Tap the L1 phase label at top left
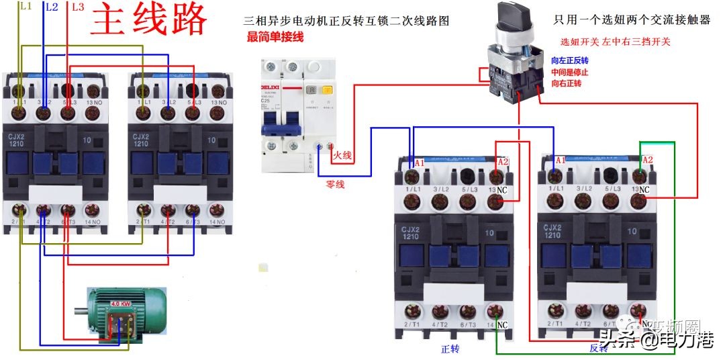[x=26, y=6]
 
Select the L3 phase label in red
[x=77, y=7]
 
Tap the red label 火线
[x=342, y=155]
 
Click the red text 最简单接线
[x=275, y=37]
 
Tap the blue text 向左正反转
[x=569, y=60]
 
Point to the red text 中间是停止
[x=569, y=72]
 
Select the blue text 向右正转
[x=566, y=83]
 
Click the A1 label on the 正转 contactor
[x=420, y=163]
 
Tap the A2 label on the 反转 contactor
[x=647, y=161]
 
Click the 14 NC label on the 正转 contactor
[x=497, y=325]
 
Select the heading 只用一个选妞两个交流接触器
[x=632, y=21]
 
